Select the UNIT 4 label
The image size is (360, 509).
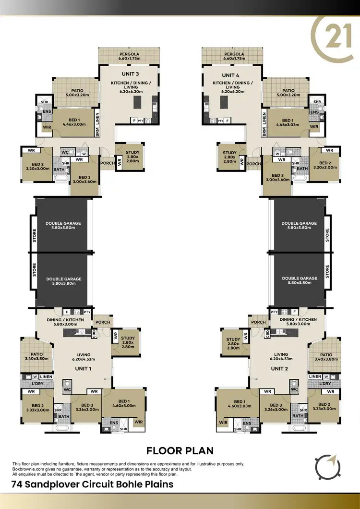point(229,75)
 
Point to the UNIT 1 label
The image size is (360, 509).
point(83,368)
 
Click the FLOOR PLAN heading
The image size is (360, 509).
point(180,450)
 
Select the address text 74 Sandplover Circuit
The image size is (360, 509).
point(93,484)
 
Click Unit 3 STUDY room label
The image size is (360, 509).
point(132,157)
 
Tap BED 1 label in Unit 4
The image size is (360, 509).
point(288,122)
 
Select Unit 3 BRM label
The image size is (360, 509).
point(97,131)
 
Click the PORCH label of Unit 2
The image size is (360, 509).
point(258,322)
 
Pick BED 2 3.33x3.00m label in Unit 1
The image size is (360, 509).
point(37,408)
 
